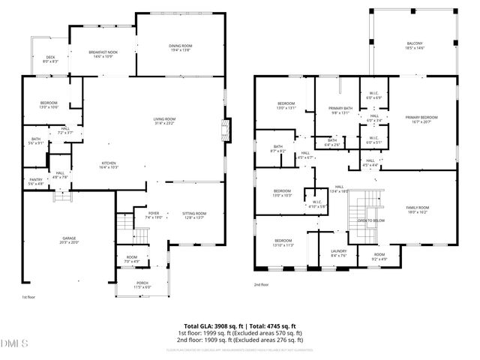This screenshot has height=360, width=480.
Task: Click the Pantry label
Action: click(36, 181)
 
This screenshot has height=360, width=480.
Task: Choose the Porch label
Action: click(142, 286)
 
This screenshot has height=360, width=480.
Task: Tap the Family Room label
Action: click(418, 209)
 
